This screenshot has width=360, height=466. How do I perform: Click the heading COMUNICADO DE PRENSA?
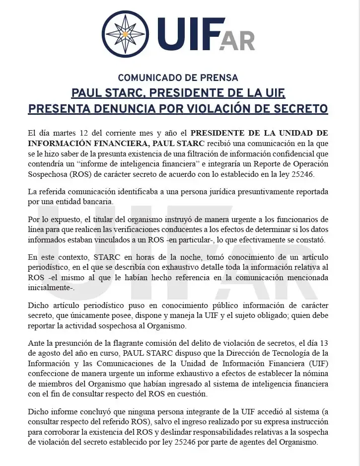click(x=178, y=78)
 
